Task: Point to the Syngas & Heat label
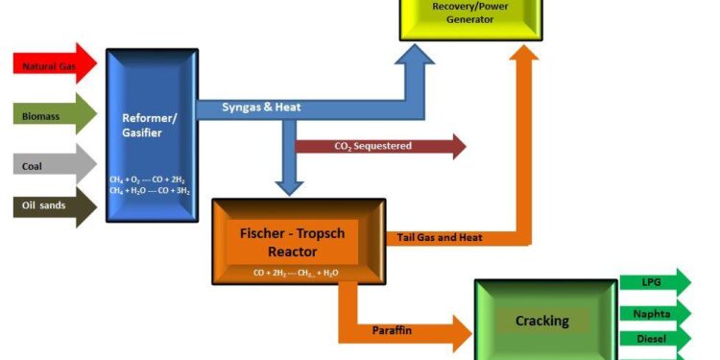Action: click(261, 108)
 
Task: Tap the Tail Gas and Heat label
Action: click(440, 237)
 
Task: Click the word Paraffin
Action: click(393, 330)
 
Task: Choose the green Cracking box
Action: click(543, 322)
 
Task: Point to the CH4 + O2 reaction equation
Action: click(150, 180)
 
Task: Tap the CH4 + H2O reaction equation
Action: click(150, 191)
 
